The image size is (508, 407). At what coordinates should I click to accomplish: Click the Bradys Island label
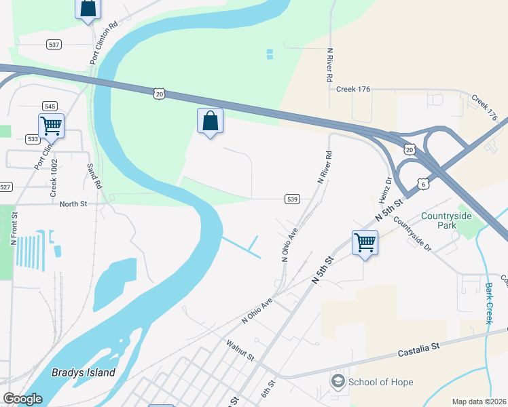(84, 372)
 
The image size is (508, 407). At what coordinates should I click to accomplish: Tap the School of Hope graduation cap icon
(338, 381)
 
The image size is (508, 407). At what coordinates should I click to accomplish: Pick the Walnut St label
(240, 351)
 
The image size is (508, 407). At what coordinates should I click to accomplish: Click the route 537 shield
(54, 44)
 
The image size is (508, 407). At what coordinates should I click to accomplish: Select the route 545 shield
(50, 106)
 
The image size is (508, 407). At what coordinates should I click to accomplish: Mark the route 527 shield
(5, 187)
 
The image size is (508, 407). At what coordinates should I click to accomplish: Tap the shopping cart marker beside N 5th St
(365, 241)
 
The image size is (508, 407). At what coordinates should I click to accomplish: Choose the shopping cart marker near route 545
(51, 125)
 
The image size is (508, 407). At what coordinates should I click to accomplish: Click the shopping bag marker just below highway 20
(210, 121)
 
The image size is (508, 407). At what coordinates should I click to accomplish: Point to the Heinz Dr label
(385, 191)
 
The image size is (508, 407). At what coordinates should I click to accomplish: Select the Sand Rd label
(94, 176)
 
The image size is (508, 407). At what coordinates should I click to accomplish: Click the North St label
(73, 203)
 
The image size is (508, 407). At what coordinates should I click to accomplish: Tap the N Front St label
(14, 227)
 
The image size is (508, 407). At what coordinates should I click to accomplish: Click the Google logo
(22, 399)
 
